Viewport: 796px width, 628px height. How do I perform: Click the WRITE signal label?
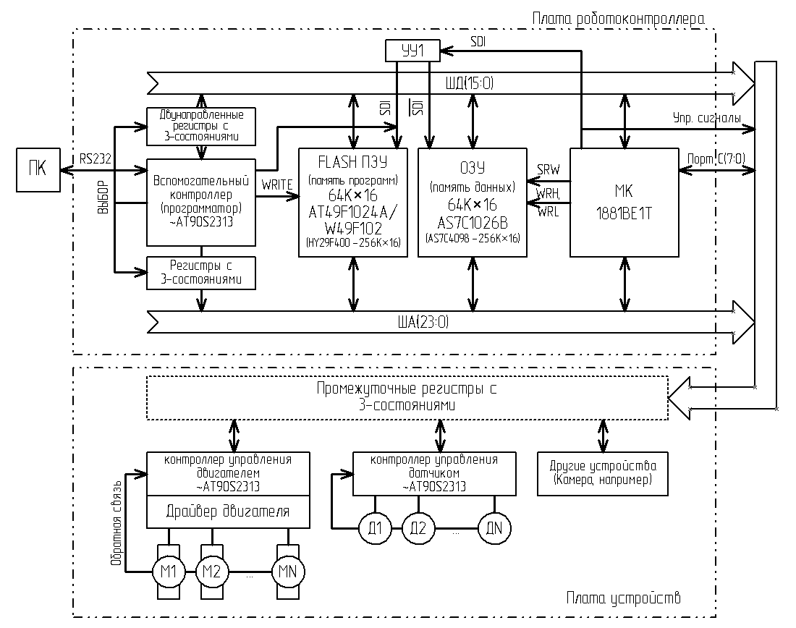pos(277,185)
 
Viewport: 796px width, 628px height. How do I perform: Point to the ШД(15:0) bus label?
pos(469,84)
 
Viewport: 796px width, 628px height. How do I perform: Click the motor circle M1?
pos(169,571)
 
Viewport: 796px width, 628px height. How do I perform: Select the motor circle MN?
pos(288,571)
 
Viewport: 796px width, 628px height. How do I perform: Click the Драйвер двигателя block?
pos(228,512)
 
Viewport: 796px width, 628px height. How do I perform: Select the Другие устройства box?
pos(602,474)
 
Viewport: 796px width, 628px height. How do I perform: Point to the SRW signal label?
pos(548,169)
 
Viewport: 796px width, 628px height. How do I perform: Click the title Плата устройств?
pos(623,598)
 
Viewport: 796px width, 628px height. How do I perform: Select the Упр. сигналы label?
pos(707,118)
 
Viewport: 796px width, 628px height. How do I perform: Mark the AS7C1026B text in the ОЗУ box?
pos(473,222)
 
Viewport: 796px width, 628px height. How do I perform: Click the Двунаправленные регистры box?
pos(201,125)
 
